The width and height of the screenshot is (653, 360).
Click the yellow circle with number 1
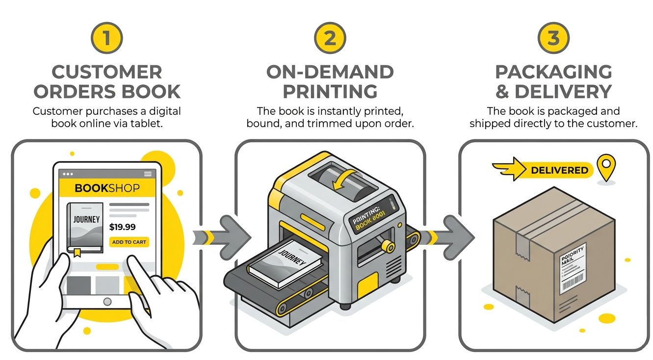106,38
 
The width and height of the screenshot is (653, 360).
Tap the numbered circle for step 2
330,38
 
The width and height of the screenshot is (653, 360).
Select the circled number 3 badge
553,38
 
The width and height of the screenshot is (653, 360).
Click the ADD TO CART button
129,242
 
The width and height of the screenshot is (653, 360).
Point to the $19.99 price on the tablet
122,227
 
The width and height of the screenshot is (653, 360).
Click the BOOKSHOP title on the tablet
107,188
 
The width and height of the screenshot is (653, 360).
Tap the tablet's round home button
107,301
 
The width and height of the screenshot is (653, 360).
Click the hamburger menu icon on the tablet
148,174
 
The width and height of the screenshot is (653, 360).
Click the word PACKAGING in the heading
553,72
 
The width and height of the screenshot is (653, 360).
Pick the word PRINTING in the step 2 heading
330,91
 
